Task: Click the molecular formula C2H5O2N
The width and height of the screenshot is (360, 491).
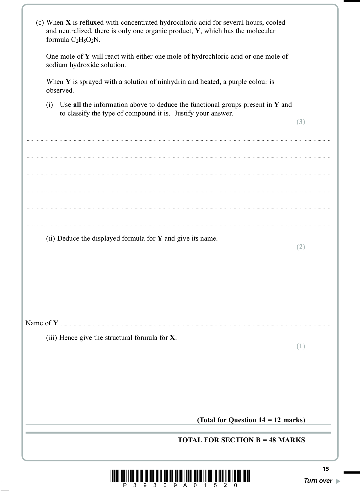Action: pyautogui.click(x=85, y=40)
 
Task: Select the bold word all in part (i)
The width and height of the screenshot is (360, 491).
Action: pyautogui.click(x=77, y=104)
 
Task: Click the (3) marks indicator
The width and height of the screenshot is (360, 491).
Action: pyautogui.click(x=300, y=122)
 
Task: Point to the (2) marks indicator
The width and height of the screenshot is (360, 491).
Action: pyautogui.click(x=300, y=247)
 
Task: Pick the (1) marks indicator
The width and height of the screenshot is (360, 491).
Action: pyautogui.click(x=300, y=346)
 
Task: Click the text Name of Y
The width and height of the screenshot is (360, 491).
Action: pyautogui.click(x=42, y=323)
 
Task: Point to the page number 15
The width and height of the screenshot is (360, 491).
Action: pyautogui.click(x=325, y=469)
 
